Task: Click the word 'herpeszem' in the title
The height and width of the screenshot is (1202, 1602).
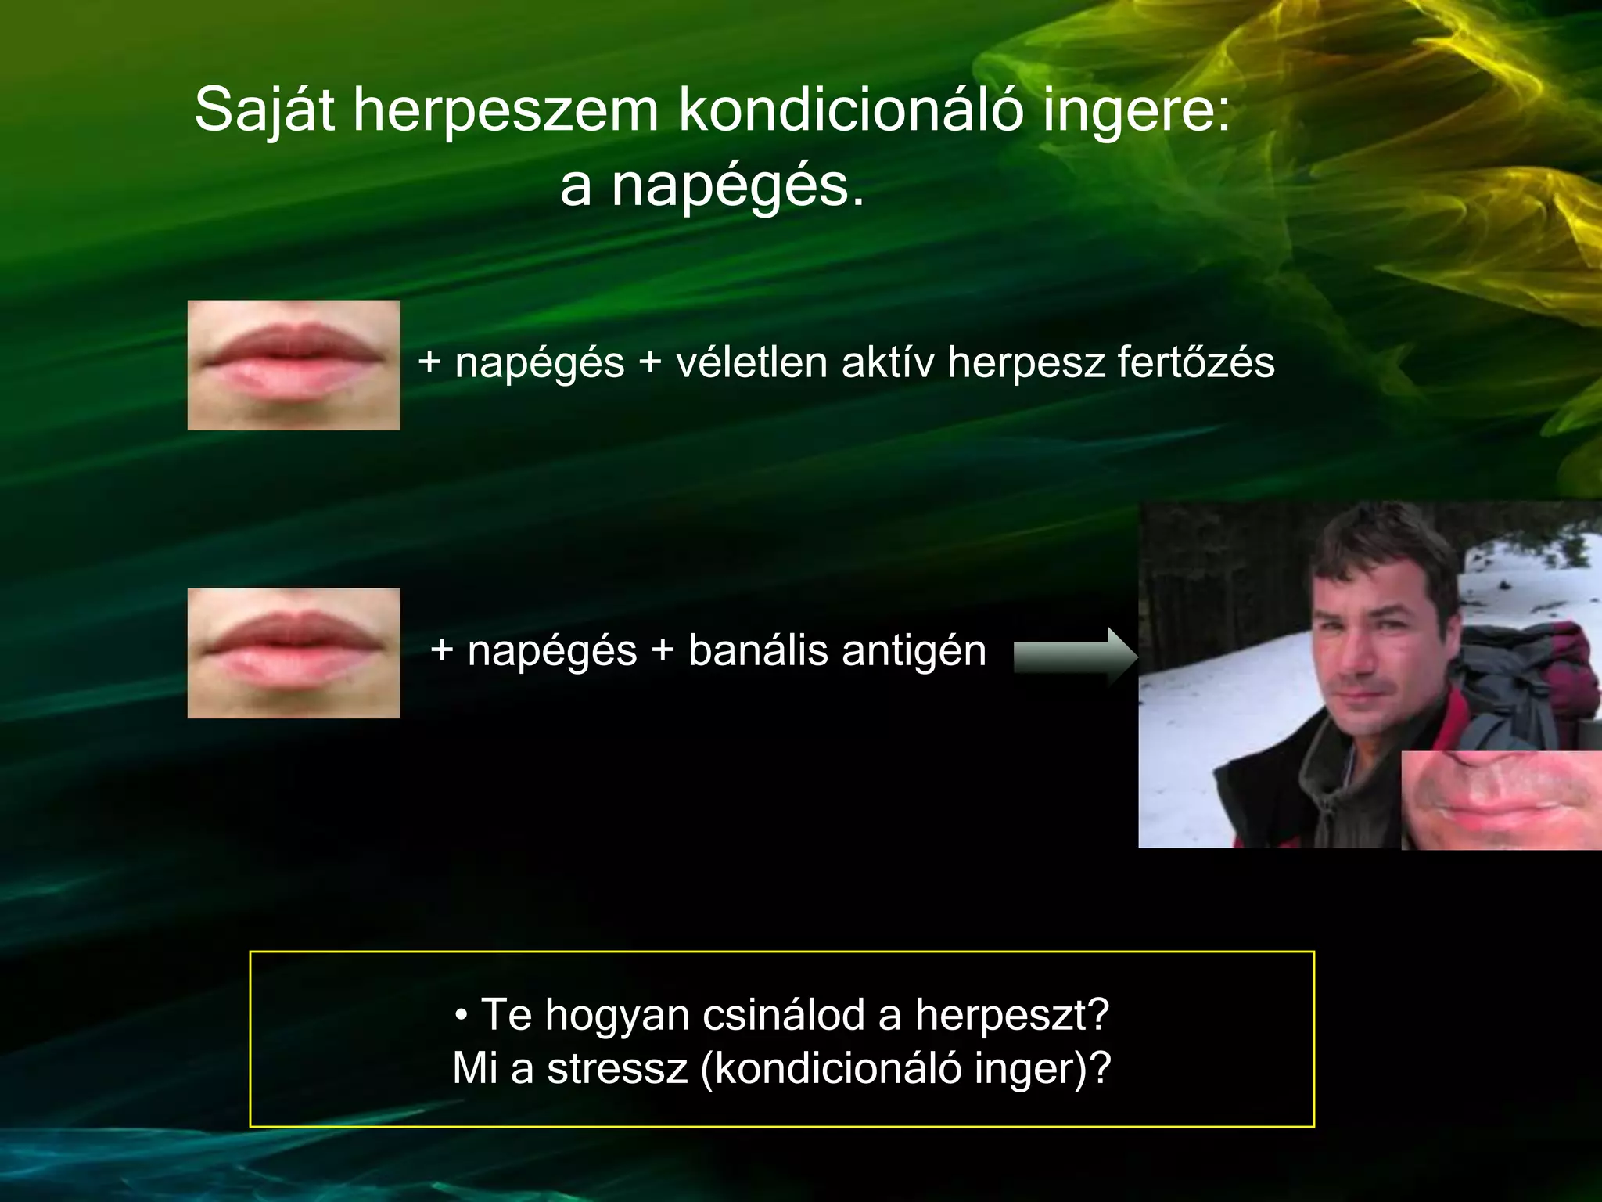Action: coord(505,110)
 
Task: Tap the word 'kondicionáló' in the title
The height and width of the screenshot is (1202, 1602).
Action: coord(850,110)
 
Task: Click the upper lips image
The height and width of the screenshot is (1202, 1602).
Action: coord(293,365)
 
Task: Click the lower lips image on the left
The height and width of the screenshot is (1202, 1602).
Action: coord(293,653)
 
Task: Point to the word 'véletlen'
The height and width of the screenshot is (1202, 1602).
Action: coord(752,362)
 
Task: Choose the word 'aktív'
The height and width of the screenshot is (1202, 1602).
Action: coord(888,362)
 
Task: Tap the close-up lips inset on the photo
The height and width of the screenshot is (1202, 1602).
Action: coord(1500,800)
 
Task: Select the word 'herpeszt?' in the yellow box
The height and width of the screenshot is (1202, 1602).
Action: coord(1012,1016)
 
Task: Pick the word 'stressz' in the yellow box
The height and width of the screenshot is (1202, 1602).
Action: coord(617,1069)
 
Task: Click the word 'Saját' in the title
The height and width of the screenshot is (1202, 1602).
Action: coord(264,110)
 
